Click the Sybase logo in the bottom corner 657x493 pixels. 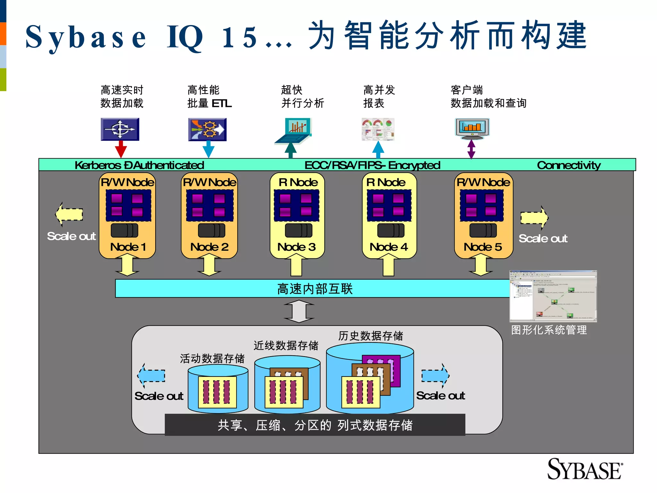click(584, 469)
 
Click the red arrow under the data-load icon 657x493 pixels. click(121, 149)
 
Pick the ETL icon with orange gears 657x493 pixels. click(207, 129)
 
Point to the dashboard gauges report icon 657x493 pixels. click(378, 129)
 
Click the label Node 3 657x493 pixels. click(296, 247)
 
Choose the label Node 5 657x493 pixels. click(482, 247)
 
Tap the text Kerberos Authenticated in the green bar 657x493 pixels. click(139, 165)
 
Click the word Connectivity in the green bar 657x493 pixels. click(568, 165)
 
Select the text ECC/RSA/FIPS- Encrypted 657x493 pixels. click(372, 165)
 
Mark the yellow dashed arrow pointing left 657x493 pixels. click(69, 214)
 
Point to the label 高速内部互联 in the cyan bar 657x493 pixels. click(315, 289)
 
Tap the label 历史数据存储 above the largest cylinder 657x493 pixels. click(371, 336)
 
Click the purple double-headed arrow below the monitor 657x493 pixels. click(471, 149)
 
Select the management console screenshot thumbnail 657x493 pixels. click(553, 296)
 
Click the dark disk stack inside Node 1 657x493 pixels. click(124, 230)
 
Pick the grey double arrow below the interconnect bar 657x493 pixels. click(299, 311)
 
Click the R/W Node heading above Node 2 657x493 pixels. click(209, 182)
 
